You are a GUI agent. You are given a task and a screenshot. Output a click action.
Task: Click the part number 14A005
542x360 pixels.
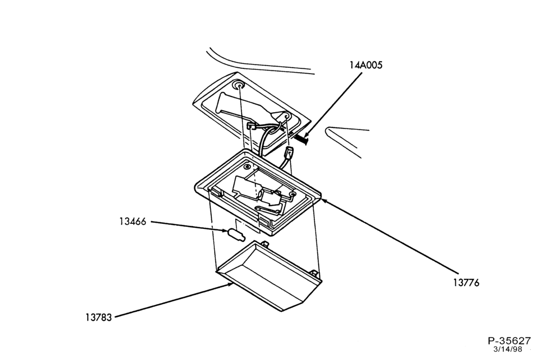(x=366, y=65)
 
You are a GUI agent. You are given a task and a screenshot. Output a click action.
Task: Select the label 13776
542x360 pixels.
(x=466, y=283)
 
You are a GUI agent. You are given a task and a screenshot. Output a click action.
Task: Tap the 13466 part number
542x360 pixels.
(x=133, y=221)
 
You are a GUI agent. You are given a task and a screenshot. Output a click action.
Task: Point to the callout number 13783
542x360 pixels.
(x=99, y=317)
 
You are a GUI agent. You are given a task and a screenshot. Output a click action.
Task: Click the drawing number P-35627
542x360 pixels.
(x=509, y=340)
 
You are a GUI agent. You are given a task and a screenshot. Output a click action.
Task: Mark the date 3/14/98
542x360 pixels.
(x=507, y=349)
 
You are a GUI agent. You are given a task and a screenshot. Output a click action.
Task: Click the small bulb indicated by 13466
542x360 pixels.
(x=236, y=234)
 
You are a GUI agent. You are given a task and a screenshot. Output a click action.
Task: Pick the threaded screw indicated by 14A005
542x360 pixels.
(x=301, y=140)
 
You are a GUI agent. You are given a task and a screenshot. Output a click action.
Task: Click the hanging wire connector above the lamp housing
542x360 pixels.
(x=289, y=152)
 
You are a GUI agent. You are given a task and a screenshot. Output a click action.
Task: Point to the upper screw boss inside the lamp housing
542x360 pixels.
(x=247, y=167)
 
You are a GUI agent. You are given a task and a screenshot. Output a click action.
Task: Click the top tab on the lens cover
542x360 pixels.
(x=266, y=244)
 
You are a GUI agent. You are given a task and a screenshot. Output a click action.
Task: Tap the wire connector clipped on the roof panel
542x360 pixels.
(x=251, y=126)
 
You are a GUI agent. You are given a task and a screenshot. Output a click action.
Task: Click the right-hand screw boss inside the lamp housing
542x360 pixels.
(x=293, y=195)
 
